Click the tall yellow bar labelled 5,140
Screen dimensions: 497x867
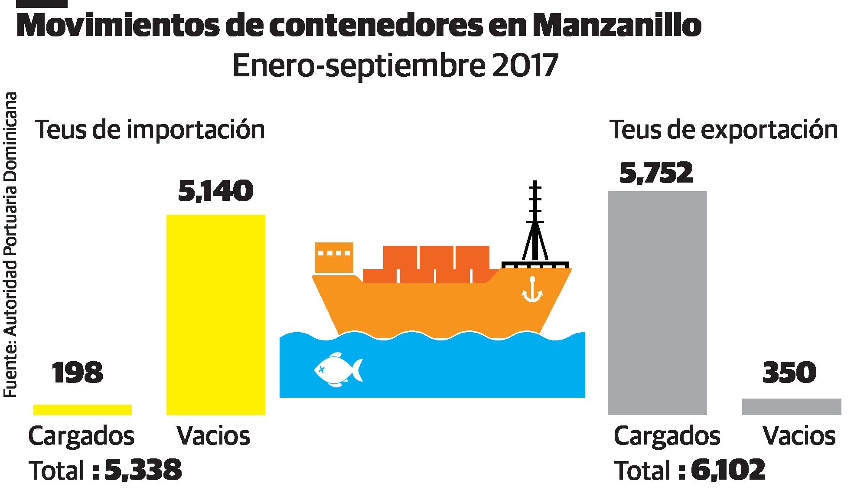[x=216, y=314]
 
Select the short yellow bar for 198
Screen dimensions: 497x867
[x=82, y=409]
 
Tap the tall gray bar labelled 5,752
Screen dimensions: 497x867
[x=657, y=303]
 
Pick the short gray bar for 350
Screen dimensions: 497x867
[x=792, y=406]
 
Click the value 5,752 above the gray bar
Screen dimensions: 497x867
[x=656, y=173]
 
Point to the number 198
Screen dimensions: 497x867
[x=78, y=373]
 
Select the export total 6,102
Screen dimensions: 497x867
[x=728, y=470]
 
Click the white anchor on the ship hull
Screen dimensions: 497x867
[x=532, y=290]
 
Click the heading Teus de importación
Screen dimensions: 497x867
[x=150, y=130]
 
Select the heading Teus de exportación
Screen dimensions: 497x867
[x=724, y=130]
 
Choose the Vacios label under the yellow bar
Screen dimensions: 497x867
[x=213, y=435]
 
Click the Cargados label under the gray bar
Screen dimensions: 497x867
[x=667, y=435]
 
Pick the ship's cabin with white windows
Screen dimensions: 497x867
[x=333, y=257]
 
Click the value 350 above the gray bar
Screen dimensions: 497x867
[x=789, y=373]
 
